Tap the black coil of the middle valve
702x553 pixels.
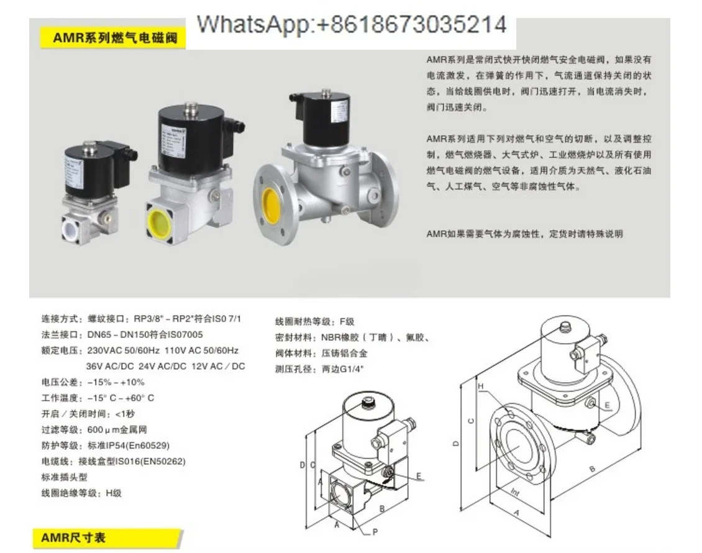click(x=186, y=140)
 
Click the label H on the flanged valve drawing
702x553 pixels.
click(x=480, y=386)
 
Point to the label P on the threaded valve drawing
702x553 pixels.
click(x=375, y=532)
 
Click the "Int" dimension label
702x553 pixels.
click(x=515, y=491)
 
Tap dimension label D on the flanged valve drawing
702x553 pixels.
click(x=456, y=444)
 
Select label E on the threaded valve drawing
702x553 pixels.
click(x=419, y=476)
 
